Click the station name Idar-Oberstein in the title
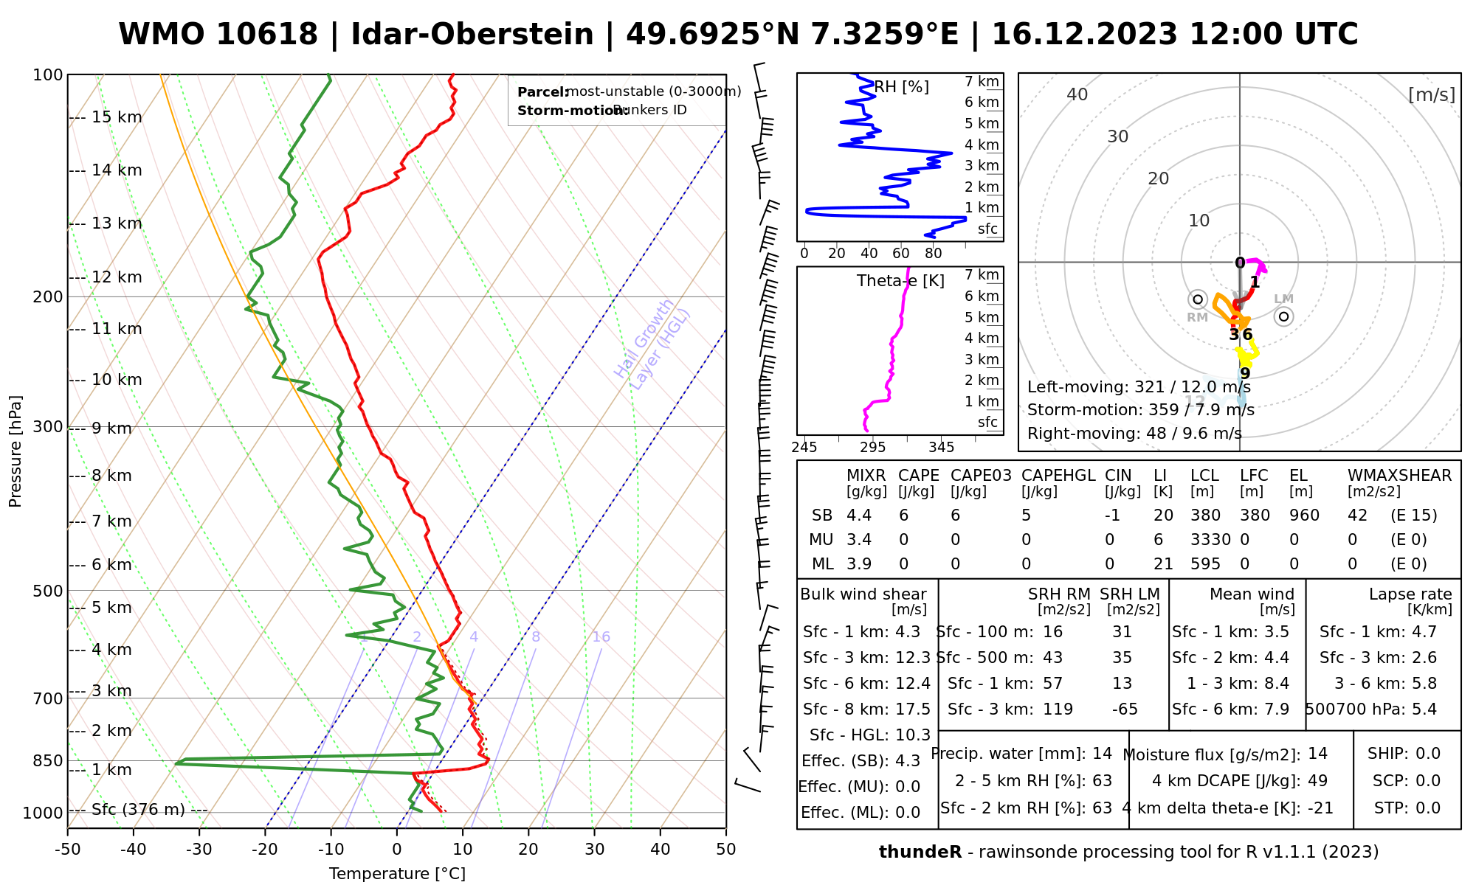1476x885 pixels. [472, 35]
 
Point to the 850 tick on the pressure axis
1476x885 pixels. [48, 760]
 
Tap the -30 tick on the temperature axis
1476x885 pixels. [199, 850]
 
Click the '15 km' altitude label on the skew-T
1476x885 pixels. [116, 117]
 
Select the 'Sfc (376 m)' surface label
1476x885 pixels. [138, 810]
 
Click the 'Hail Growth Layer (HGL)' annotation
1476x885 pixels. [652, 344]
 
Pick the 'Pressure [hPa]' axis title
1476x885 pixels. [15, 451]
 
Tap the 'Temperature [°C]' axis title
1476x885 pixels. [397, 874]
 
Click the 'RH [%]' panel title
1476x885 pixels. [901, 87]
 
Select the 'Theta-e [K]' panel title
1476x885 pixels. [900, 281]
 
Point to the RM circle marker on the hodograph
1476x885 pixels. [1198, 299]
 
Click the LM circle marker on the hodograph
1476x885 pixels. [1284, 316]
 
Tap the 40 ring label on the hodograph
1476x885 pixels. [1077, 94]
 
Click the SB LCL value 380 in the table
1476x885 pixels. [1205, 516]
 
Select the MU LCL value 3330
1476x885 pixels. [1210, 540]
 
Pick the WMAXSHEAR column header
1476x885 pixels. [1399, 476]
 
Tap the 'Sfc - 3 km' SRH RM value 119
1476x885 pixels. [1058, 709]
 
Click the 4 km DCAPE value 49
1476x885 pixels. [1317, 781]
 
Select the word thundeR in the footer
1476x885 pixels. [920, 853]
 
